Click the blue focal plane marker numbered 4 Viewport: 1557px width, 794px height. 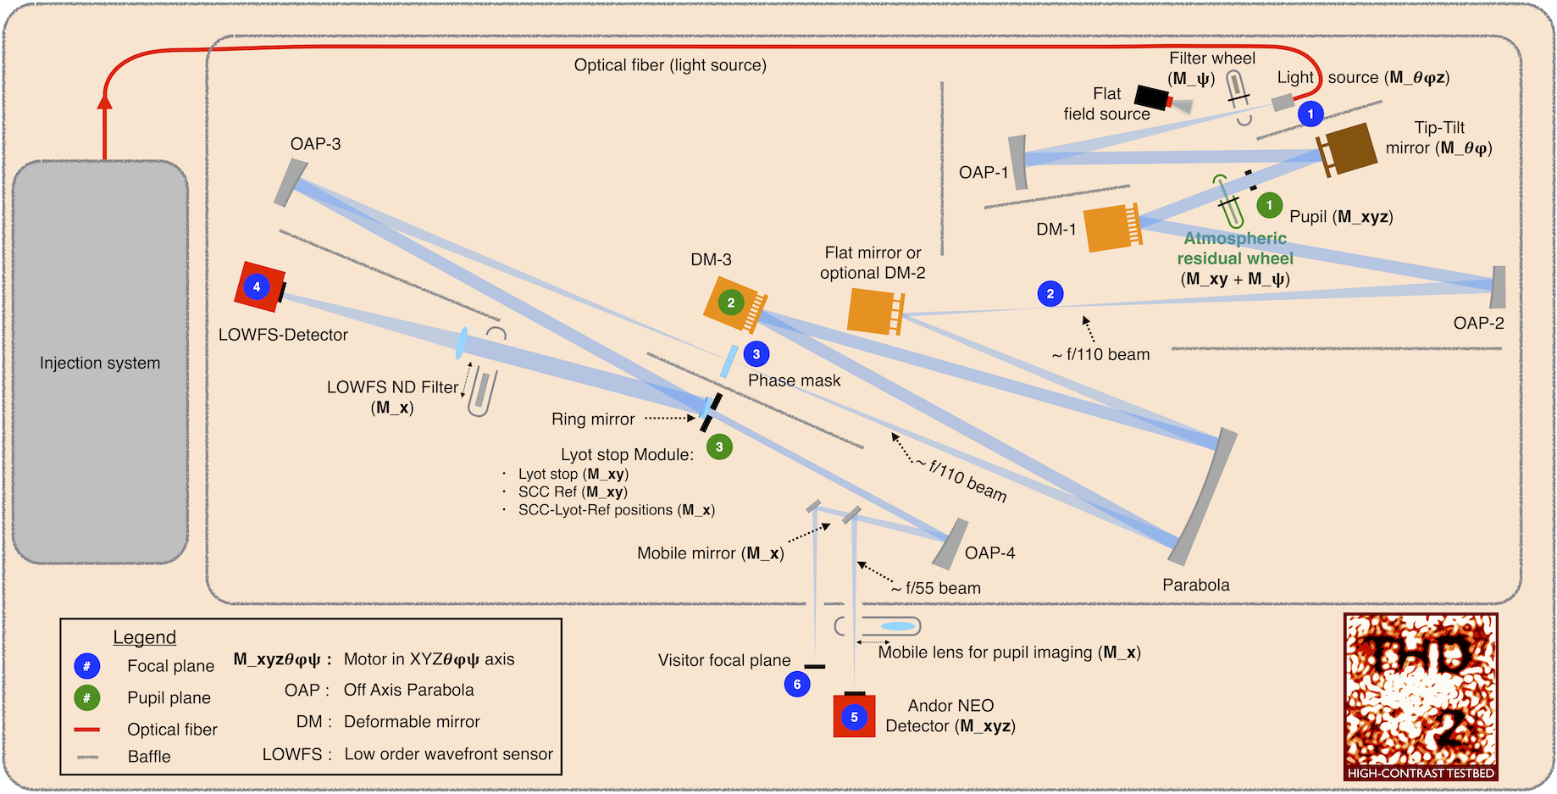click(257, 286)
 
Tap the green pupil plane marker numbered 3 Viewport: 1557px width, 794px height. click(719, 447)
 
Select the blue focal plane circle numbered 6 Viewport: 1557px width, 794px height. click(797, 684)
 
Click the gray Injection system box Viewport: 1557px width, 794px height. click(100, 362)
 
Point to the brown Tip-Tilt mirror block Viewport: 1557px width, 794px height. click(1349, 149)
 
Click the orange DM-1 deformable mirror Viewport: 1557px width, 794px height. click(1111, 228)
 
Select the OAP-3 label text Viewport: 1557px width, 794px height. click(315, 144)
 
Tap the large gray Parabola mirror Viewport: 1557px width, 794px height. click(1204, 496)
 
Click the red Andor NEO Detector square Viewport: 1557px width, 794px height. click(854, 717)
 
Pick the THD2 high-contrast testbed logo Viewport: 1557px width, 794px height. click(1421, 697)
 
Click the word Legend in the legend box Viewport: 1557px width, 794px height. click(145, 637)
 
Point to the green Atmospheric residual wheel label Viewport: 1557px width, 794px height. click(1235, 248)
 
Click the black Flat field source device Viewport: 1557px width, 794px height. click(1152, 97)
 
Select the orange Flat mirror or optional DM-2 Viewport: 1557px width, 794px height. click(875, 311)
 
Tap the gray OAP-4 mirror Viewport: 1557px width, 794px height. click(950, 544)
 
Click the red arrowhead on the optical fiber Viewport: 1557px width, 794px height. click(105, 102)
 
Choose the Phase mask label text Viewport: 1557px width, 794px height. click(794, 380)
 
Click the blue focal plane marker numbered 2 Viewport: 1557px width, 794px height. click(1050, 294)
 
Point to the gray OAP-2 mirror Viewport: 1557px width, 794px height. click(1498, 287)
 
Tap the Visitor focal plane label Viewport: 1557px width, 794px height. click(724, 660)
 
